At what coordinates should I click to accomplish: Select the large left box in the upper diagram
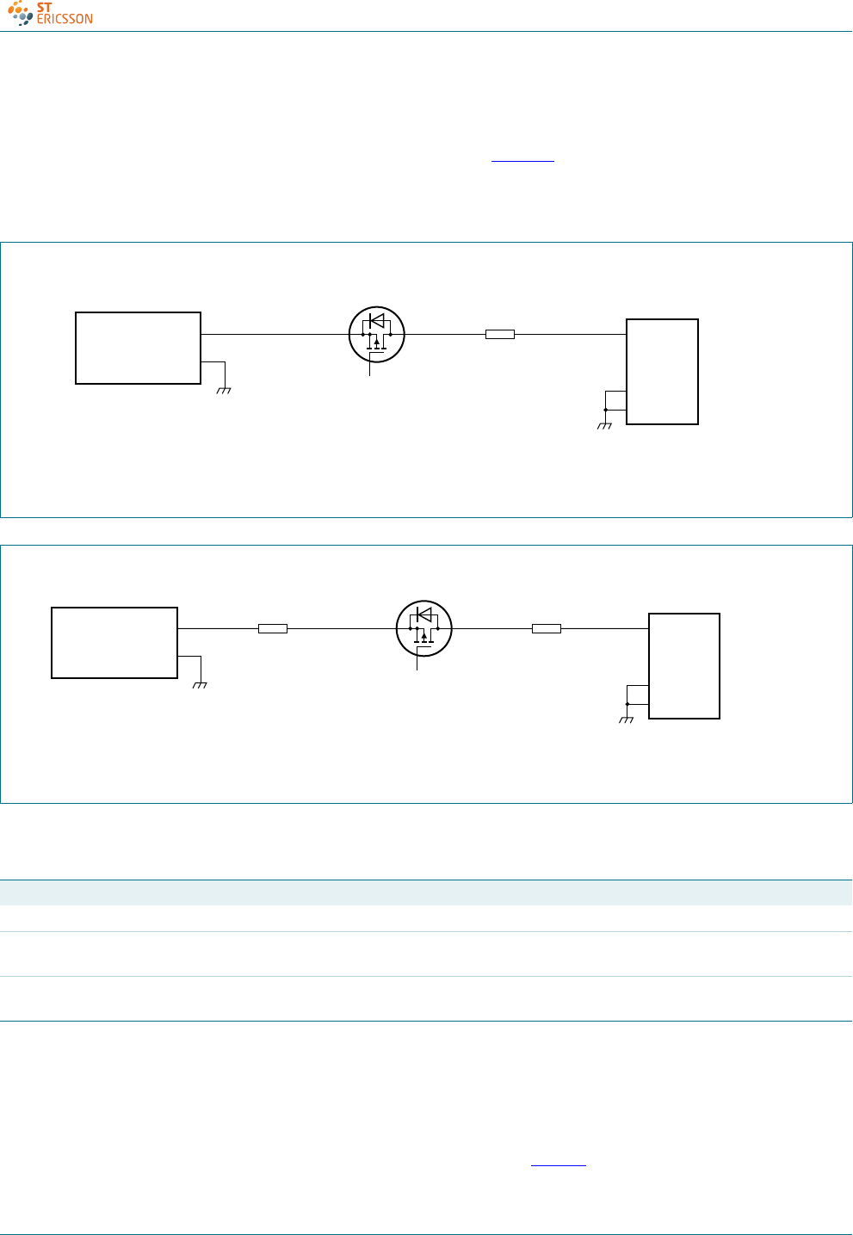(x=138, y=348)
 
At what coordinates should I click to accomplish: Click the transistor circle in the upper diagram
(x=376, y=334)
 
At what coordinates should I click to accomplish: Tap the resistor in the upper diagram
(x=499, y=334)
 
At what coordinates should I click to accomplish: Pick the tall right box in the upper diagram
(x=662, y=372)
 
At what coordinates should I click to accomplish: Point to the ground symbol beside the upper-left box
(x=225, y=390)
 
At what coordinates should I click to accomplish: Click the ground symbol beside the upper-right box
(x=604, y=425)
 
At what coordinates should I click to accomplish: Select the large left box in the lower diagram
(x=114, y=643)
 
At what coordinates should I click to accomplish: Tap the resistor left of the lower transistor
(x=272, y=629)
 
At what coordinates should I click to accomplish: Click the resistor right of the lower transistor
(x=546, y=629)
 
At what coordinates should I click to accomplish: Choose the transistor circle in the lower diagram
(x=423, y=628)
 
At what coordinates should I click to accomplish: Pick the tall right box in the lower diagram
(x=684, y=666)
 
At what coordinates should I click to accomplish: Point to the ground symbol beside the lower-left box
(x=201, y=684)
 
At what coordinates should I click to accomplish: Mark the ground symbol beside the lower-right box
(x=627, y=719)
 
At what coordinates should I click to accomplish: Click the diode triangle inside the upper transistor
(x=376, y=320)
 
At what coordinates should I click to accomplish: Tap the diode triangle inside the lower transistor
(x=423, y=614)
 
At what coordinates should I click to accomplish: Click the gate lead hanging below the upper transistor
(x=370, y=367)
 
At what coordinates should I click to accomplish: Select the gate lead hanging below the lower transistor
(x=417, y=663)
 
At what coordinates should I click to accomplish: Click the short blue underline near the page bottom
(x=558, y=1166)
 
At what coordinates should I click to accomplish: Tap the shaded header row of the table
(x=426, y=892)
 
